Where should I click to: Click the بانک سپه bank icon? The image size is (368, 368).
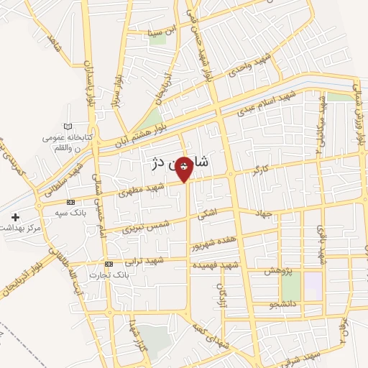pyautogui.click(x=70, y=203)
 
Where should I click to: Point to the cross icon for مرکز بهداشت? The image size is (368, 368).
pyautogui.click(x=16, y=216)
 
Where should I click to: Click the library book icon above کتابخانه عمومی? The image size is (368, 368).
pyautogui.click(x=68, y=127)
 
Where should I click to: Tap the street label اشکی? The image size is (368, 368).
pyautogui.click(x=208, y=213)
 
